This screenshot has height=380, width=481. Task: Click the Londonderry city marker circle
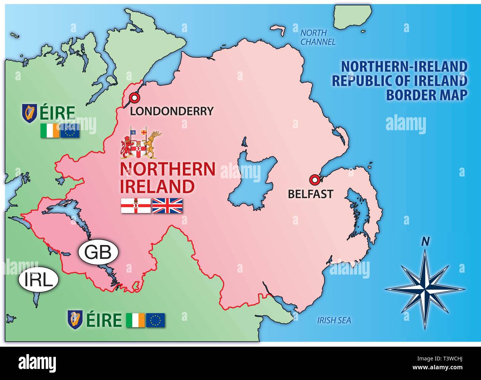134,98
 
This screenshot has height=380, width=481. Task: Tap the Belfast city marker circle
314,180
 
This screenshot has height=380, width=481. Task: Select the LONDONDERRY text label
172,111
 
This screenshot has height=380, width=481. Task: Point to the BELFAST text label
310,194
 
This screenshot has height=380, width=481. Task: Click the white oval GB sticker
98,252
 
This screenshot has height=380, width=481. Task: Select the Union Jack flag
168,206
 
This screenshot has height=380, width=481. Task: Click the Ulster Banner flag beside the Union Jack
136,206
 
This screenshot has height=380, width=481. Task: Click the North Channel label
317,37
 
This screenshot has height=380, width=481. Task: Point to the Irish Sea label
334,320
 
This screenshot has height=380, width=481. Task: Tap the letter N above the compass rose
425,242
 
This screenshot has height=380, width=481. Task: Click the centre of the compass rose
425,288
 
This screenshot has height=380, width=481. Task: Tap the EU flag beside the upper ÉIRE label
70,131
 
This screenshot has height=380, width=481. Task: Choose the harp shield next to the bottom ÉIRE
75,319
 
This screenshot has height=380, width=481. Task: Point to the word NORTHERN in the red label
168,169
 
